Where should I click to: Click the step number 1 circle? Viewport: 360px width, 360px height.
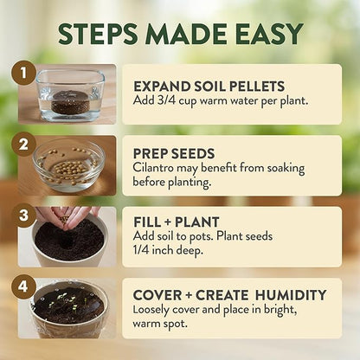[x=24, y=74]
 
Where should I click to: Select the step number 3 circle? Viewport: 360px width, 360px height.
[x=24, y=214]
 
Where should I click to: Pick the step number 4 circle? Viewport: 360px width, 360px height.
[x=24, y=283]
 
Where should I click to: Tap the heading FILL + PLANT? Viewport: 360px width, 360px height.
[x=177, y=222]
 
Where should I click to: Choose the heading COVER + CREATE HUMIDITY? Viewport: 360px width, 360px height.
[x=230, y=293]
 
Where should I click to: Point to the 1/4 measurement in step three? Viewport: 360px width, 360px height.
[x=144, y=251]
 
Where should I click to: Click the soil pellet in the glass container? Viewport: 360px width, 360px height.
[x=70, y=106]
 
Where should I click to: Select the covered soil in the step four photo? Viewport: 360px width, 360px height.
[x=69, y=309]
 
